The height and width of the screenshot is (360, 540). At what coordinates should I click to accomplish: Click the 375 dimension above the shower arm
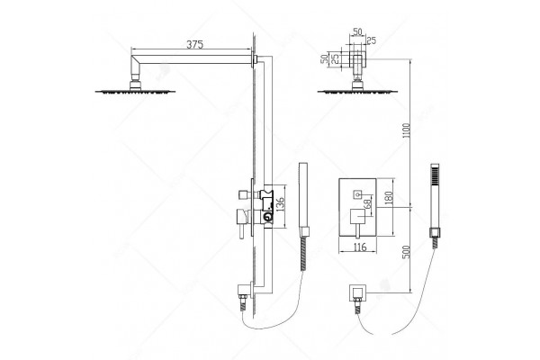(195, 44)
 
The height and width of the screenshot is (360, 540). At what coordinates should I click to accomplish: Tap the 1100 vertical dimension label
(407, 130)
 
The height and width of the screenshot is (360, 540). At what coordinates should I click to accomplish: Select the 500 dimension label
(407, 252)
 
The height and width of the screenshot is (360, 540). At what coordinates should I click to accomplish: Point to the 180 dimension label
(389, 198)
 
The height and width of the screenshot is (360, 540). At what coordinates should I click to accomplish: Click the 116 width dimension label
(359, 247)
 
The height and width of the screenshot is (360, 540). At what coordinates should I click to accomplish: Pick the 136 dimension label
(280, 204)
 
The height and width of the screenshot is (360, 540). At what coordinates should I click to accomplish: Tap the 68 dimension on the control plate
(367, 204)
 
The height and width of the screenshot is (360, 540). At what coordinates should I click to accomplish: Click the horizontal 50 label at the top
(357, 31)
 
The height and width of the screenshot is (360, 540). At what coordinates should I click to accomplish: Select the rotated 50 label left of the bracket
(324, 58)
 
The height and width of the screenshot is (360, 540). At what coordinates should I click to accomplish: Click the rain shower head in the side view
(135, 91)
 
